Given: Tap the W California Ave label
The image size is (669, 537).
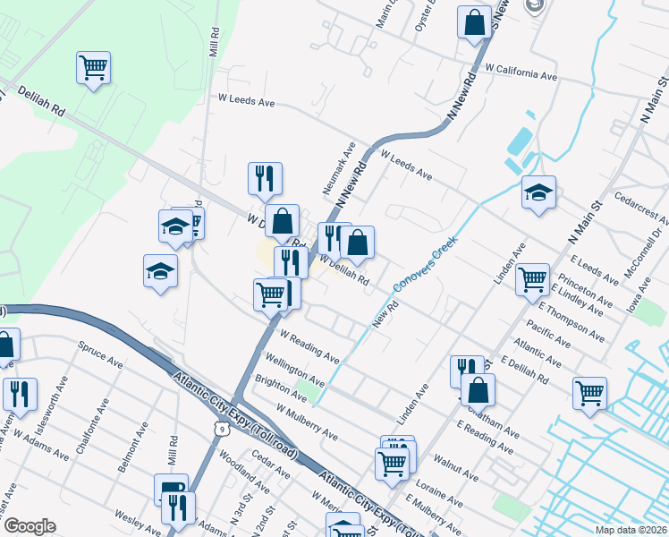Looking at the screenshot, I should click(x=521, y=72).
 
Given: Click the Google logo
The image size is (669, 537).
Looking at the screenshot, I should click(x=29, y=526).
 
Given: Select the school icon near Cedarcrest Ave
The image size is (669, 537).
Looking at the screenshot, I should click(x=538, y=192).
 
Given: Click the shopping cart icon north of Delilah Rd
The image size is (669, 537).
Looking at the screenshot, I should click(x=93, y=67).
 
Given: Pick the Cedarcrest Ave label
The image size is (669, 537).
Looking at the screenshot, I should click(x=641, y=207).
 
